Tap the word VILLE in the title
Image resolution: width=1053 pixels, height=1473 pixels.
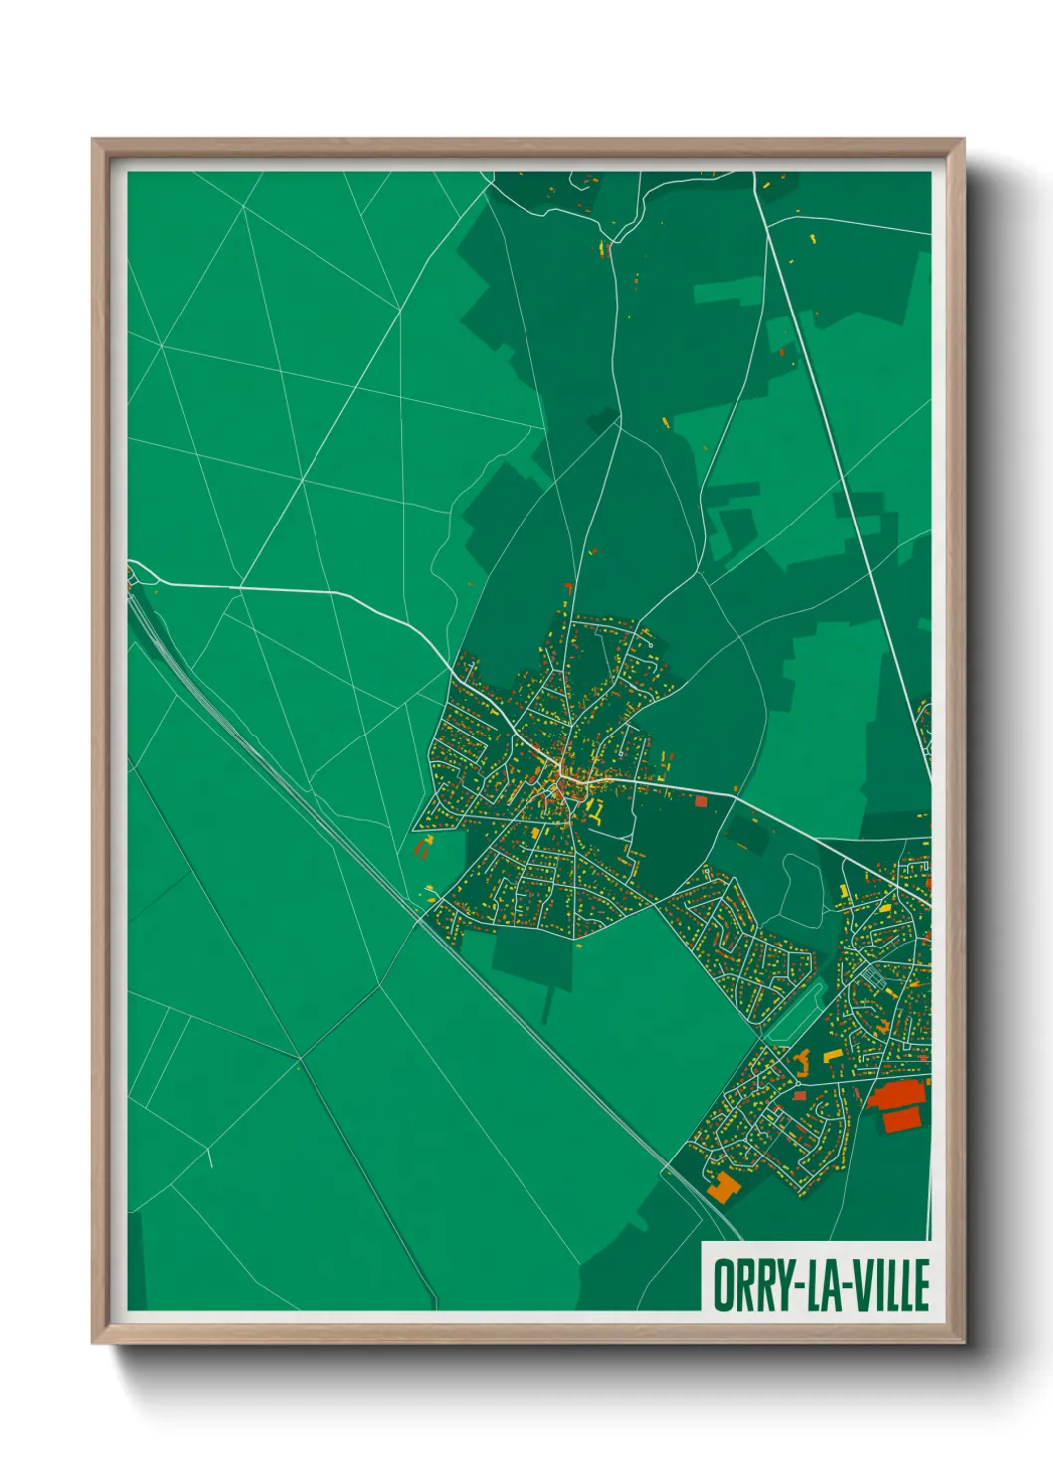tap(888, 1285)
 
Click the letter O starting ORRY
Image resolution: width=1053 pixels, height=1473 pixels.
tap(721, 1285)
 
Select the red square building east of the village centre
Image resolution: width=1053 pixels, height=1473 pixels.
tap(700, 800)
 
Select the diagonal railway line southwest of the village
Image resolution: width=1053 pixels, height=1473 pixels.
tap(299, 786)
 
